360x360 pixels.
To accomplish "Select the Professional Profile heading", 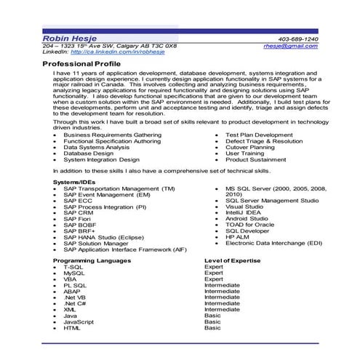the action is (80, 64).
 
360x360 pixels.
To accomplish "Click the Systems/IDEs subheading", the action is (73, 181).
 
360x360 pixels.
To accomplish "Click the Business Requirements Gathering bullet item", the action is (112, 135).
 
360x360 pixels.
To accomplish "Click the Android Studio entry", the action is (247, 218).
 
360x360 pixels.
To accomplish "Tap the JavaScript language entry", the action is (78, 321).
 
